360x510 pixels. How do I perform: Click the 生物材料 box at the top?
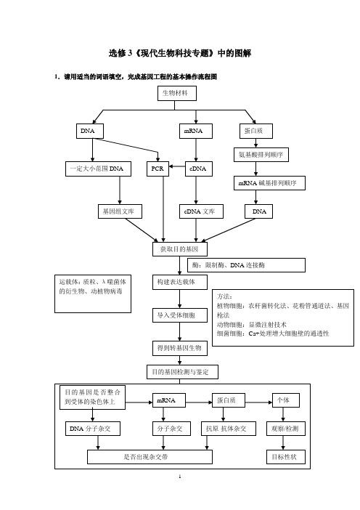point(177,93)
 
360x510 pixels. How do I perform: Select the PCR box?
point(157,169)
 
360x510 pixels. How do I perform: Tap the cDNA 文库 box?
point(201,211)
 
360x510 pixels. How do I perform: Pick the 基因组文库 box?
point(120,211)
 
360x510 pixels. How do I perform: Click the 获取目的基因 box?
point(180,249)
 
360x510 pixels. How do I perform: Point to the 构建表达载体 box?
point(180,282)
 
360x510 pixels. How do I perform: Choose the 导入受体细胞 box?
point(180,315)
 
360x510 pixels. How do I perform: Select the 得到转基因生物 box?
point(180,348)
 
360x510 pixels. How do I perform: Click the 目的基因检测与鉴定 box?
point(182,372)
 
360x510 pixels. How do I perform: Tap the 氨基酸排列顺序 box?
point(261,155)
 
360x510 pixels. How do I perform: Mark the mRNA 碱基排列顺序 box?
point(269,183)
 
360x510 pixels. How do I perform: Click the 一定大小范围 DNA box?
point(98,169)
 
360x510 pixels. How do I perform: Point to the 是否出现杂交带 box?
point(150,457)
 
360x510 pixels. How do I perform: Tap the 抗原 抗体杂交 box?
point(229,429)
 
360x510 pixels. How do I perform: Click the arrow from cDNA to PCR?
point(177,166)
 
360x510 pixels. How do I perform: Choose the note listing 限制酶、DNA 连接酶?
point(246,265)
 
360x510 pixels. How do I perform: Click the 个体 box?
point(285,400)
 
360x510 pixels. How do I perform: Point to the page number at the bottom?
point(180,477)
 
